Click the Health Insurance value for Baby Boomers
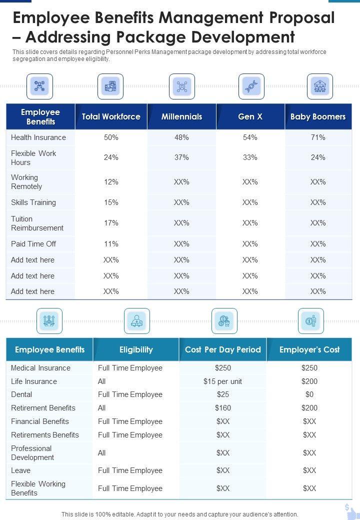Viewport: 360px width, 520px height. pyautogui.click(x=318, y=137)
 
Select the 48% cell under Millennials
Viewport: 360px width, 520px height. pyautogui.click(x=181, y=137)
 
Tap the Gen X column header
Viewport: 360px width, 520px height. pyautogui.click(x=250, y=116)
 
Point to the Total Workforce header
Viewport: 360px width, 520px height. pyautogui.click(x=111, y=116)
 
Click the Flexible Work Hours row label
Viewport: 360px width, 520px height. pyautogui.click(x=33, y=157)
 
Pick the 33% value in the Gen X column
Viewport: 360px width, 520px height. pyautogui.click(x=250, y=157)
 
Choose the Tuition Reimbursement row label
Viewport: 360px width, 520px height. pyautogui.click(x=37, y=223)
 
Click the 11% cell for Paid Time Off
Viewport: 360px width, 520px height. pyautogui.click(x=111, y=244)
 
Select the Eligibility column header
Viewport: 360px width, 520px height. pyautogui.click(x=136, y=349)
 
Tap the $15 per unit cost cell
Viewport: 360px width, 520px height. pyautogui.click(x=223, y=381)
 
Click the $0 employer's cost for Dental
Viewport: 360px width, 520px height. pyautogui.click(x=309, y=394)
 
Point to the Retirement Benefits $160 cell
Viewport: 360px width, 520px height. pyautogui.click(x=223, y=408)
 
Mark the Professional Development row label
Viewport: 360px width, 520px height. pyautogui.click(x=33, y=452)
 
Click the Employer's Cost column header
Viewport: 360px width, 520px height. pyautogui.click(x=309, y=349)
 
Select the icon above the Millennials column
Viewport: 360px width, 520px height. pyautogui.click(x=181, y=86)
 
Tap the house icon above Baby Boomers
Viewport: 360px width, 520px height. pyautogui.click(x=319, y=86)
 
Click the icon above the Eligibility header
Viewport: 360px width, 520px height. pyautogui.click(x=137, y=321)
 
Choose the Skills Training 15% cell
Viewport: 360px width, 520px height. pyautogui.click(x=111, y=202)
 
